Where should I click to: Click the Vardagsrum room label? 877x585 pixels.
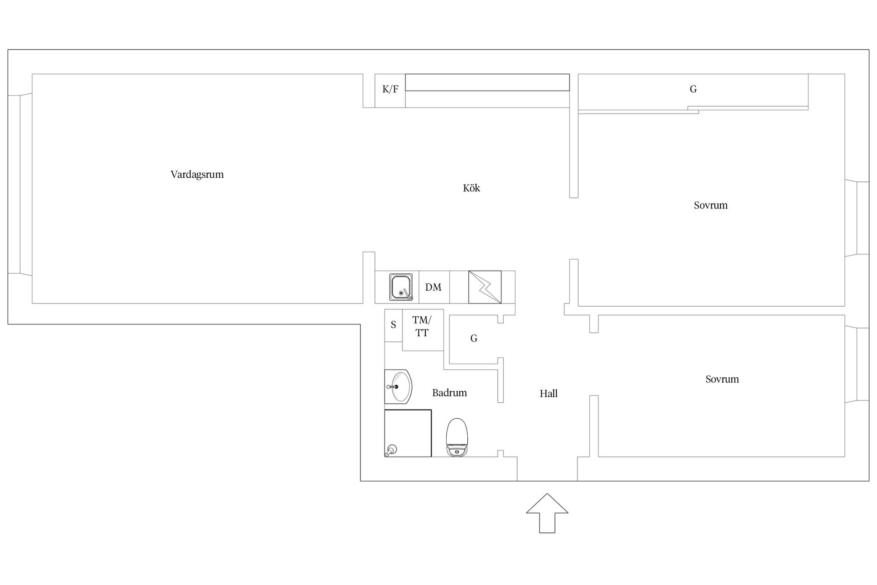(197, 175)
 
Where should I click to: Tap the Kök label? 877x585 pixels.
(471, 188)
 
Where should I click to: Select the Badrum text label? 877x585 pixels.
(449, 393)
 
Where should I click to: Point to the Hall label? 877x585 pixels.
(549, 394)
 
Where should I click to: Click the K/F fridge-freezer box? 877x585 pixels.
(390, 90)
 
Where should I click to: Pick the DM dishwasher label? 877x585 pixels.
(433, 287)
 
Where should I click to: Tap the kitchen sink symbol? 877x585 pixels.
(401, 287)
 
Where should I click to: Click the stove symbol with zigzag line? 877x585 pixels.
(485, 287)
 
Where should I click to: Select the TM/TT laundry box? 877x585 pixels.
(423, 330)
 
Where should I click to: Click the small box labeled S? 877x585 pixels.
(393, 325)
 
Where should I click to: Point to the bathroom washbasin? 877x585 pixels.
(398, 387)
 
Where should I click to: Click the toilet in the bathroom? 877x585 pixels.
(457, 437)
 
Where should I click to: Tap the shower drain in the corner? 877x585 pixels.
(391, 451)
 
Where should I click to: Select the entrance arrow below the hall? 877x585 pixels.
(547, 513)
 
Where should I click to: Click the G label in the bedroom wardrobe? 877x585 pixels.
(693, 89)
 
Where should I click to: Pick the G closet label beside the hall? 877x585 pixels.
(474, 338)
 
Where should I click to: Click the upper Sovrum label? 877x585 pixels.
(711, 205)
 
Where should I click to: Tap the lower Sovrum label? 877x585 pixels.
(722, 379)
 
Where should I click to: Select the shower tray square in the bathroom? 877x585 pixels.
(408, 433)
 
